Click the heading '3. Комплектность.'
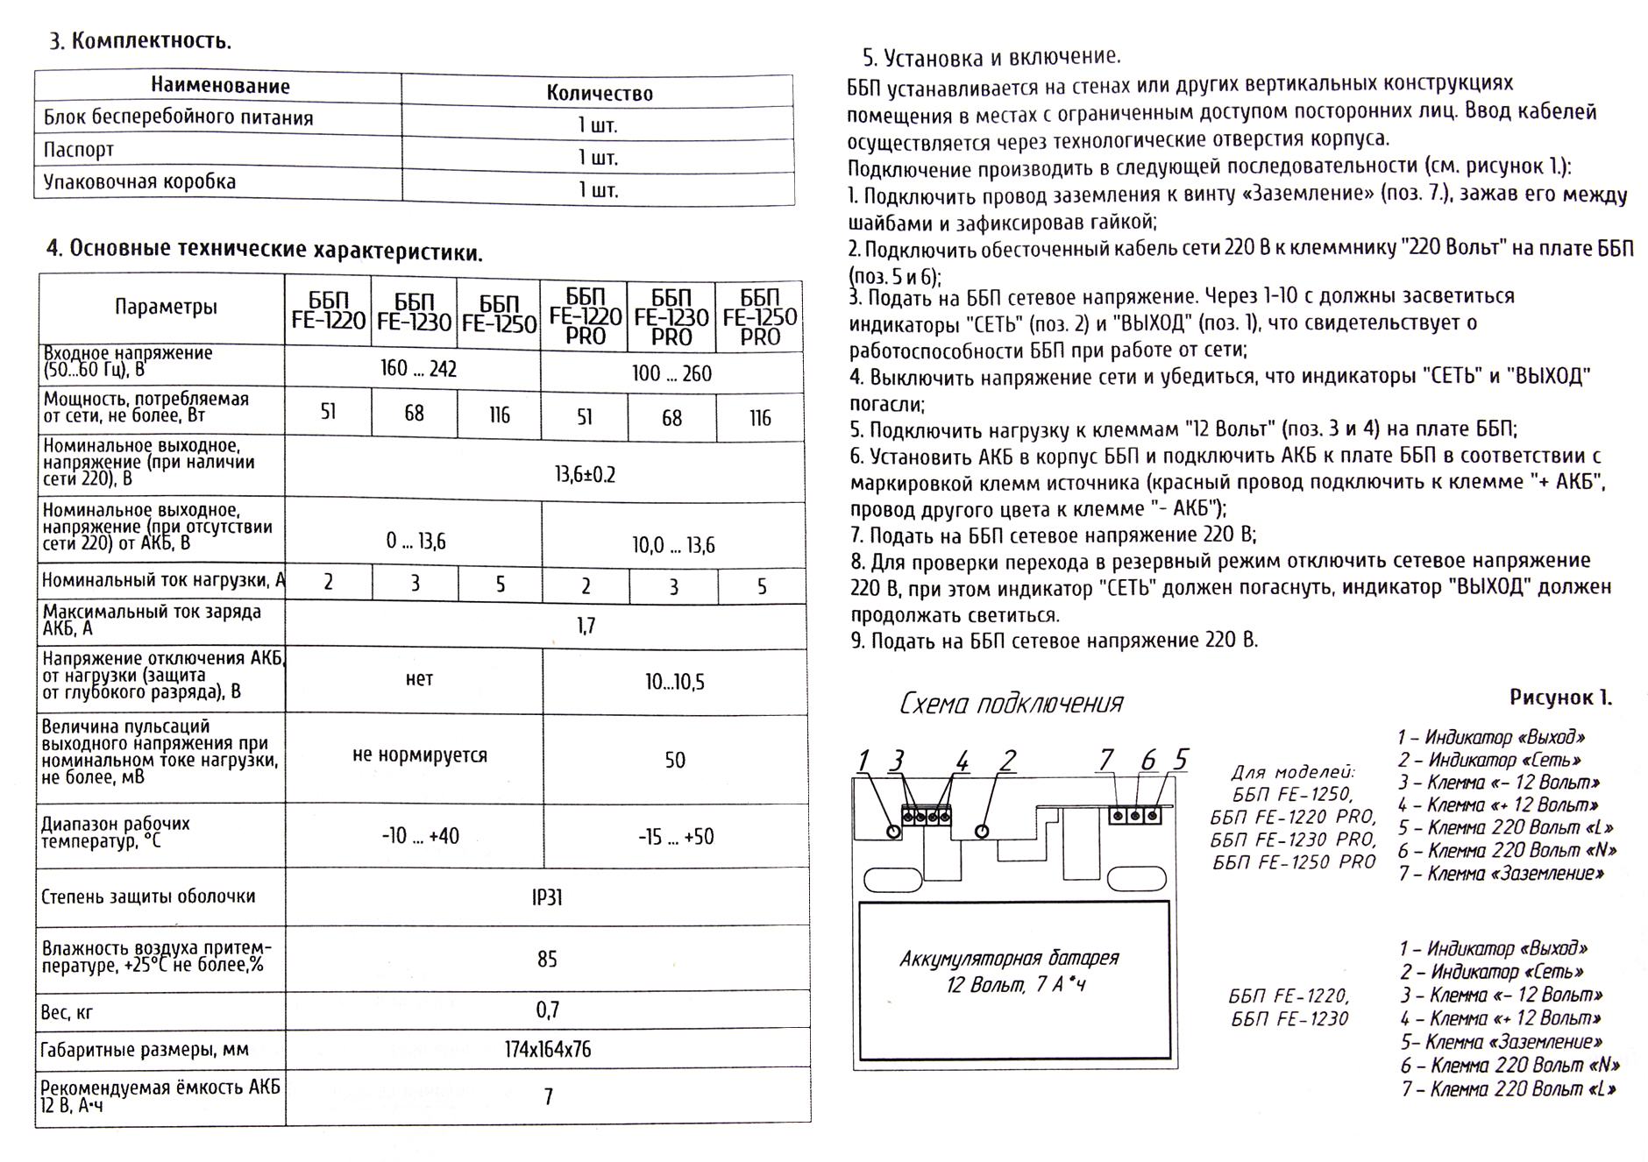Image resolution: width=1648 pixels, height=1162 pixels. pyautogui.click(x=141, y=41)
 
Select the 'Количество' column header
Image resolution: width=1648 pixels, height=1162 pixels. pyautogui.click(x=600, y=93)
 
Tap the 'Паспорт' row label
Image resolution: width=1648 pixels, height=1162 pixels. pyautogui.click(x=79, y=150)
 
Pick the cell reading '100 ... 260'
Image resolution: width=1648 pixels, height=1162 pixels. pyautogui.click(x=671, y=374)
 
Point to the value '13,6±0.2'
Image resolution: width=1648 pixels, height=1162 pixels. pyautogui.click(x=585, y=475)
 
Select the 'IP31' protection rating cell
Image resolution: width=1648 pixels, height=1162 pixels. pyautogui.click(x=547, y=898)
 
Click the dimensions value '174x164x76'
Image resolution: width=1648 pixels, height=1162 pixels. pyautogui.click(x=547, y=1049)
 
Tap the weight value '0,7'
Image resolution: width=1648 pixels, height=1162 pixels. pyautogui.click(x=547, y=1011)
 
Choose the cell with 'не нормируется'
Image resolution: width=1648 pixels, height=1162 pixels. pyautogui.click(x=419, y=755)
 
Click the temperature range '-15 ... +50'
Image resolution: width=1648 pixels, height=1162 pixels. pyautogui.click(x=675, y=837)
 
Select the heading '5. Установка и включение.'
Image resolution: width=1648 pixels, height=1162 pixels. pyautogui.click(x=991, y=58)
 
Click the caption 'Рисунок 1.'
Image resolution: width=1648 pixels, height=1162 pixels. pyautogui.click(x=1560, y=698)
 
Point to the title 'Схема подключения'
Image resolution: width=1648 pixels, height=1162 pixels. pyautogui.click(x=1011, y=704)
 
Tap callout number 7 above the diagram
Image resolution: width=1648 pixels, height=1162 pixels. pyautogui.click(x=1106, y=759)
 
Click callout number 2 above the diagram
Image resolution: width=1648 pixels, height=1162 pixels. pyautogui.click(x=1008, y=761)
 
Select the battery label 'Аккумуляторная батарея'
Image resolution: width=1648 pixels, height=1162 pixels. pyautogui.click(x=1009, y=958)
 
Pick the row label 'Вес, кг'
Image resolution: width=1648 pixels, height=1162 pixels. pyautogui.click(x=67, y=1013)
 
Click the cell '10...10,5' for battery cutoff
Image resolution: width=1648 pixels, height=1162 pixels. pyautogui.click(x=674, y=683)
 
